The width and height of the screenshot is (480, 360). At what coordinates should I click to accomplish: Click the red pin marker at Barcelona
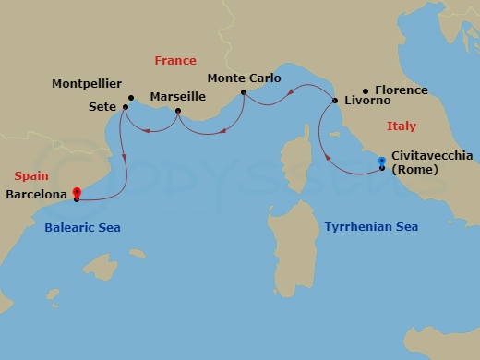click(x=77, y=194)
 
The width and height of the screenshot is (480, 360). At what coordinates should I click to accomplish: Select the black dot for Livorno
click(x=335, y=99)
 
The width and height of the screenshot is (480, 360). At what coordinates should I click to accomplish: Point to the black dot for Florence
click(x=366, y=91)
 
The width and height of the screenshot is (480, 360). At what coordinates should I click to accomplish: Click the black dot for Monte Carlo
click(x=243, y=92)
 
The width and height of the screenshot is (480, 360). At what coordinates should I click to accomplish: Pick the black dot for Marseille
click(x=177, y=113)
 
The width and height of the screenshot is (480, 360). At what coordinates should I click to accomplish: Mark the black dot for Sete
click(x=126, y=107)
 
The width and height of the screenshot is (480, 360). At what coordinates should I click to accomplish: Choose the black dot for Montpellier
click(x=131, y=98)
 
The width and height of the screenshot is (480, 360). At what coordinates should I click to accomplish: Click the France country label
click(x=175, y=61)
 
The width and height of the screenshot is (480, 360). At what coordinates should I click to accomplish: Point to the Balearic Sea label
click(x=82, y=227)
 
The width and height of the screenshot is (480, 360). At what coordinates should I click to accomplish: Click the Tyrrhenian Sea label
click(x=371, y=226)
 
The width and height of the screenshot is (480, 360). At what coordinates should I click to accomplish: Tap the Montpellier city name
click(x=87, y=84)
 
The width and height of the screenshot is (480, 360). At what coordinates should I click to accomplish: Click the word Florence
click(x=402, y=90)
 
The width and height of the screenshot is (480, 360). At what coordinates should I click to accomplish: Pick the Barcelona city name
click(x=35, y=195)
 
